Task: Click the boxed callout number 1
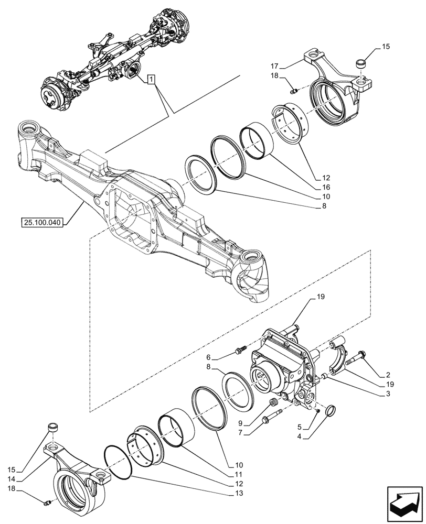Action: [x=151, y=80]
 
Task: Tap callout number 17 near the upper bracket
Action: [x=274, y=67]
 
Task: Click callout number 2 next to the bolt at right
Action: [x=388, y=375]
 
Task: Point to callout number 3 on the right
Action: [x=388, y=393]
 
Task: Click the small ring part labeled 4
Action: [x=331, y=411]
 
